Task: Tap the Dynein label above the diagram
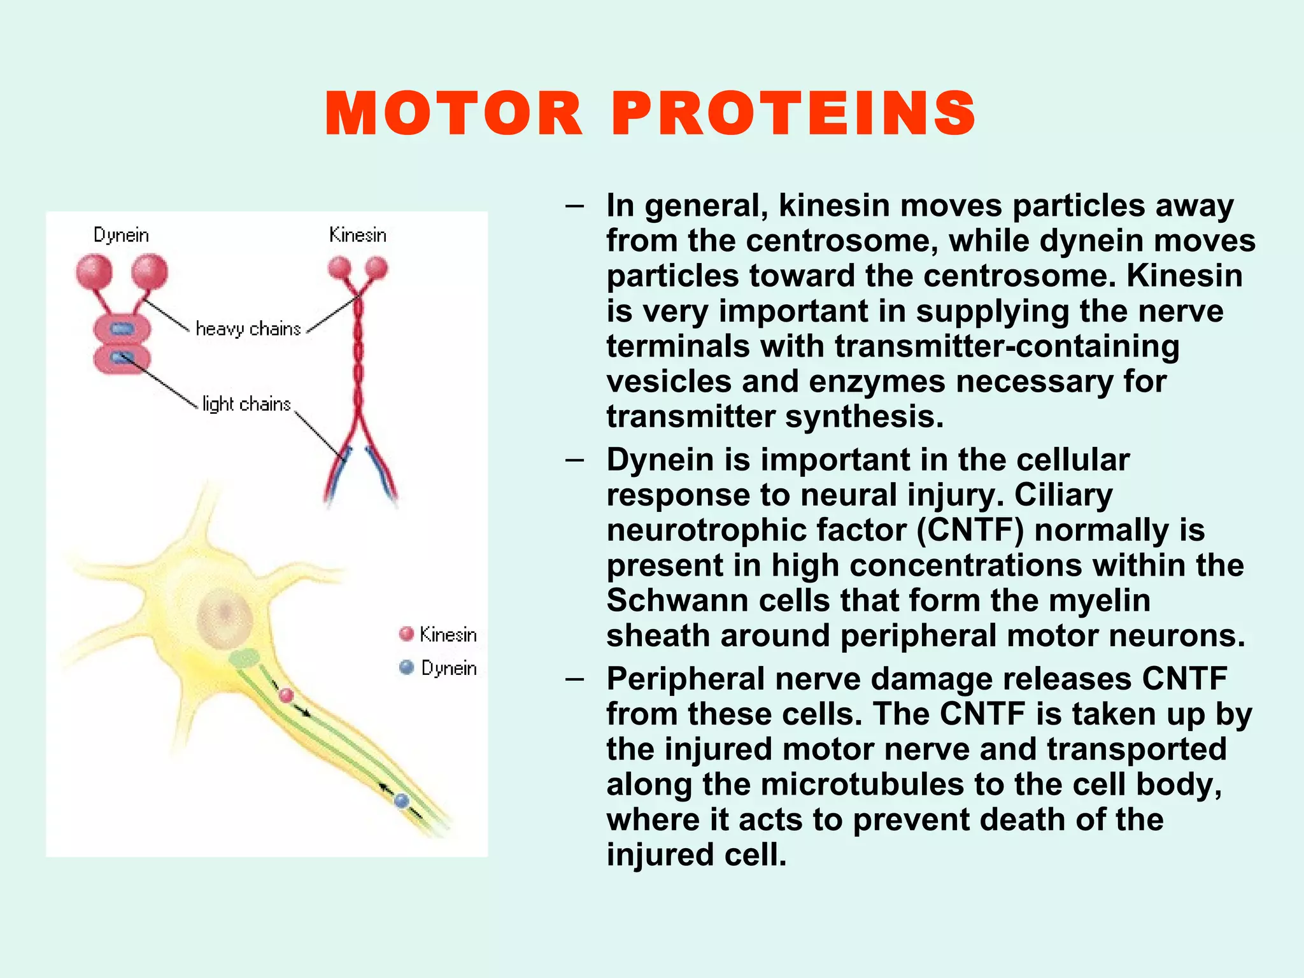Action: click(x=121, y=235)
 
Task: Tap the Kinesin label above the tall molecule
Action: click(x=358, y=235)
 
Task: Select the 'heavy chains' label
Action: click(x=248, y=329)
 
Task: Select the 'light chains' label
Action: click(x=246, y=404)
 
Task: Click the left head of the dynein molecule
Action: click(x=94, y=272)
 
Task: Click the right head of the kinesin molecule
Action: click(x=376, y=267)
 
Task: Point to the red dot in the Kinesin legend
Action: click(x=406, y=634)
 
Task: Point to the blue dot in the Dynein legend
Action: click(x=406, y=667)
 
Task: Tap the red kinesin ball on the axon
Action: click(x=287, y=695)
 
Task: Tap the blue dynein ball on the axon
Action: click(x=401, y=800)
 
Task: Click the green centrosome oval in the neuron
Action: click(x=244, y=658)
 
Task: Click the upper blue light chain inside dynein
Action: click(x=122, y=329)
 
